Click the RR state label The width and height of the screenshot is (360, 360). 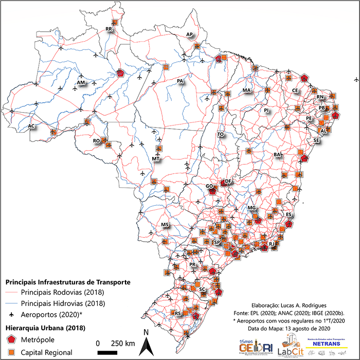click(x=109, y=29)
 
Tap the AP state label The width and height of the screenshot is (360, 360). click(x=189, y=34)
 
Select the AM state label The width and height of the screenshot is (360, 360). click(x=81, y=82)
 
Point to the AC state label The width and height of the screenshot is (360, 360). click(x=31, y=126)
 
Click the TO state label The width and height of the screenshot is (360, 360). click(x=221, y=134)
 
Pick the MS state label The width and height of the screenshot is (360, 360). click(x=165, y=225)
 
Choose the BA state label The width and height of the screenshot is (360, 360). click(x=278, y=154)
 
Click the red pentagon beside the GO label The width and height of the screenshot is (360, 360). click(x=212, y=190)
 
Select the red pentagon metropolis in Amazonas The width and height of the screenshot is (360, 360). click(x=120, y=74)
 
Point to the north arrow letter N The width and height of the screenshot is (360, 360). click(x=146, y=332)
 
